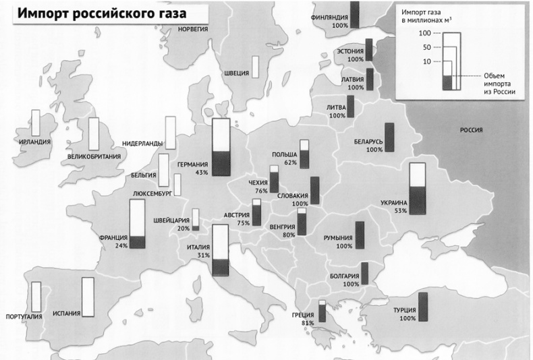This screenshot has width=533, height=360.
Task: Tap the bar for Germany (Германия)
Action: (x=221, y=147)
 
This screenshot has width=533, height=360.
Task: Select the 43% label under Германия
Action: (x=201, y=173)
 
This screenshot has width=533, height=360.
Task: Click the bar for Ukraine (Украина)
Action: (x=418, y=189)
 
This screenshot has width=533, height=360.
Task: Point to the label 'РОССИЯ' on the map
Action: (x=473, y=129)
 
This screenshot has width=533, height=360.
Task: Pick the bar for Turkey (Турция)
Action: (x=423, y=307)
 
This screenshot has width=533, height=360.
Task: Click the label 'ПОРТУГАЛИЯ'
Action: (x=24, y=316)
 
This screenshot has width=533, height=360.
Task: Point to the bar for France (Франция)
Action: (x=138, y=227)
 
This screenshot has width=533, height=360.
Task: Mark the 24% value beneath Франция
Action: (x=121, y=246)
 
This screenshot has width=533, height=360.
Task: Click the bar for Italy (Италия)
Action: (x=221, y=250)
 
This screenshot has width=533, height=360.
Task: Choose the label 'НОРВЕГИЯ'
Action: (x=192, y=30)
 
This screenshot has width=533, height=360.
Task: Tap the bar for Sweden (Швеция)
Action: (x=256, y=67)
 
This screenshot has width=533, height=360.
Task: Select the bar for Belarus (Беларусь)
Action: (x=389, y=138)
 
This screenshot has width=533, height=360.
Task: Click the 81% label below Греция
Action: (x=308, y=324)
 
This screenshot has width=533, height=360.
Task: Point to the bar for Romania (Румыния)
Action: (x=360, y=235)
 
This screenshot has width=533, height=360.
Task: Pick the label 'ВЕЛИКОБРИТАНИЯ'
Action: (x=94, y=157)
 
